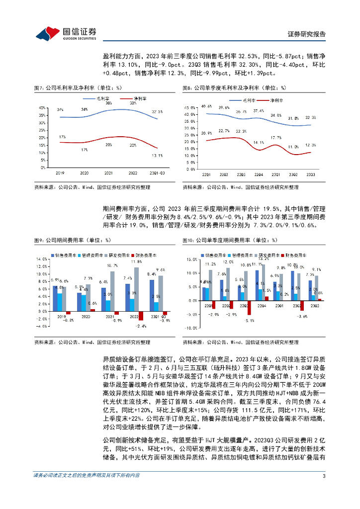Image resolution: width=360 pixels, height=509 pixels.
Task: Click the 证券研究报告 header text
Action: click(x=307, y=34)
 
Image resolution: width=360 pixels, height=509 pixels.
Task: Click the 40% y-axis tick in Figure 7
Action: click(x=42, y=107)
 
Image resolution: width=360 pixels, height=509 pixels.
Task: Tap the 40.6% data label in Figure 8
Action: click(x=206, y=106)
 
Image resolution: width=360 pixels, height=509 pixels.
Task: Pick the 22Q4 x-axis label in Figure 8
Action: click(x=259, y=174)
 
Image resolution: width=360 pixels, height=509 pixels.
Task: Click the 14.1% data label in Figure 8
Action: click(x=259, y=143)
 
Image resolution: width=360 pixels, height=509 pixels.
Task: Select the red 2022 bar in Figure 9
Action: click(x=141, y=316)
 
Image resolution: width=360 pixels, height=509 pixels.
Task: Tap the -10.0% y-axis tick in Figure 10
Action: click(x=191, y=328)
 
